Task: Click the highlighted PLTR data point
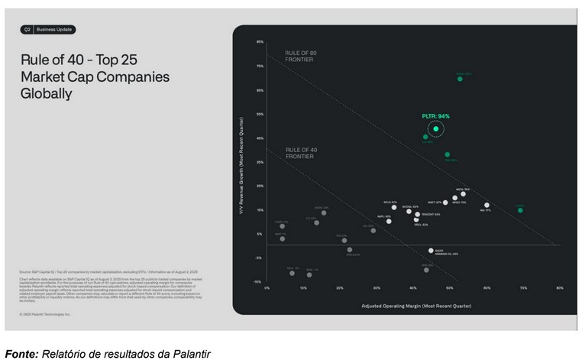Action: tap(436, 128)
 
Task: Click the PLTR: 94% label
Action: tap(435, 116)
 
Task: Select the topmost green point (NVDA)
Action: tap(460, 79)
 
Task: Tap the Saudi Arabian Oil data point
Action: tap(431, 250)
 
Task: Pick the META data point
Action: tap(463, 194)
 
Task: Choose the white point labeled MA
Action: tap(487, 205)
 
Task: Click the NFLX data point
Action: tap(394, 207)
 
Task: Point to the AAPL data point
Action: tap(389, 221)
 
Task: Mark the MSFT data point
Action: tap(445, 203)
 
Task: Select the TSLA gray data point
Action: tap(292, 272)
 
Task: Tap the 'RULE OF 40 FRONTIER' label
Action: tap(299, 152)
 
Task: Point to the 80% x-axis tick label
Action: tap(560, 288)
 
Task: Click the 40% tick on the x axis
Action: tap(413, 288)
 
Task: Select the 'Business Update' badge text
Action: tap(54, 30)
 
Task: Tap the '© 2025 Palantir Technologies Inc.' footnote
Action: tap(45, 314)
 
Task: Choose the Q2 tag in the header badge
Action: tap(27, 30)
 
